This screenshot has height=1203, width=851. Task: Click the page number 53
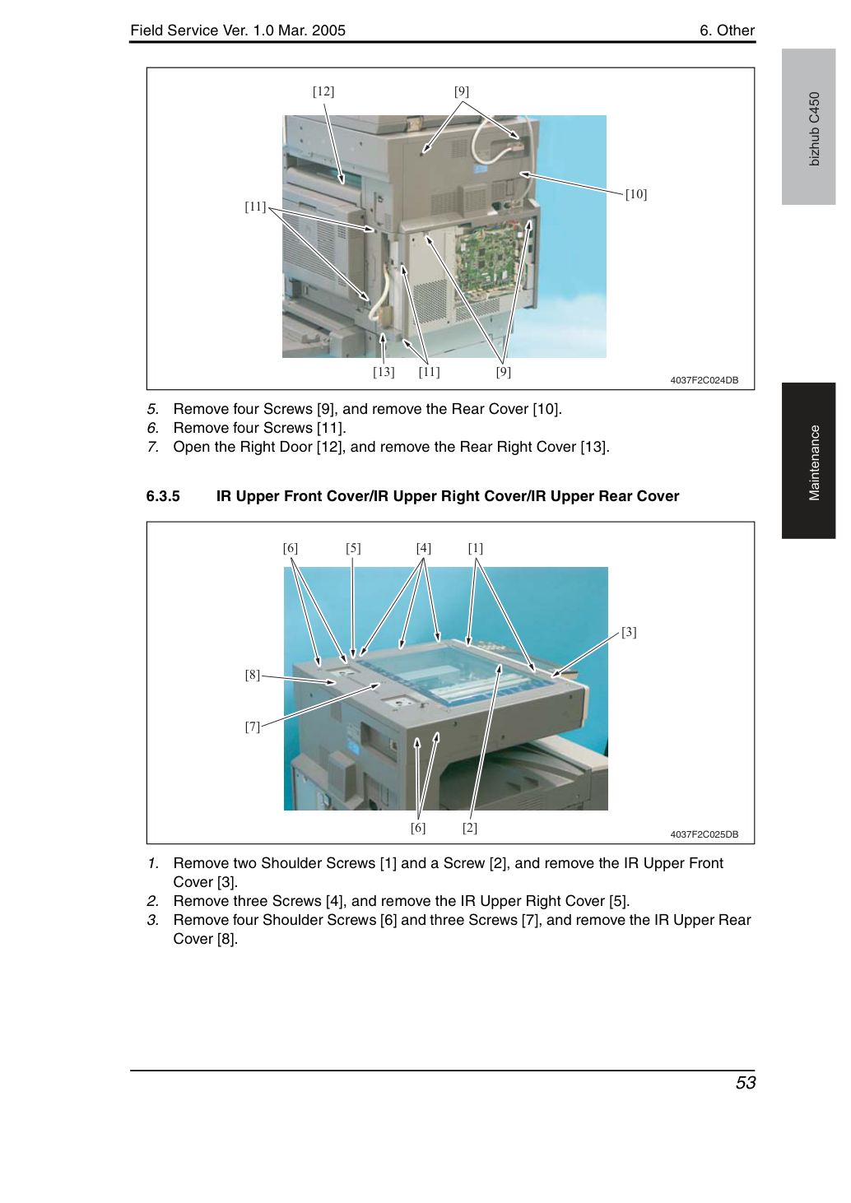pyautogui.click(x=746, y=1083)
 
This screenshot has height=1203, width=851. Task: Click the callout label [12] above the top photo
pyautogui.click(x=323, y=91)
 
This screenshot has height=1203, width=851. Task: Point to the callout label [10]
pyautogui.click(x=636, y=194)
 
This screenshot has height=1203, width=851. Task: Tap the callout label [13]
pyautogui.click(x=384, y=372)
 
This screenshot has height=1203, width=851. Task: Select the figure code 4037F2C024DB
pyautogui.click(x=705, y=380)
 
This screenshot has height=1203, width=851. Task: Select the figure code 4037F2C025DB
pyautogui.click(x=705, y=834)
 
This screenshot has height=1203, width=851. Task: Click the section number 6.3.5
pyautogui.click(x=163, y=495)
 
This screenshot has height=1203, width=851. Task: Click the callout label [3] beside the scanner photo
pyautogui.click(x=629, y=632)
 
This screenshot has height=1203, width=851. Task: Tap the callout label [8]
pyautogui.click(x=253, y=675)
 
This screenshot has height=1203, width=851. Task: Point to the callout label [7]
pyautogui.click(x=253, y=727)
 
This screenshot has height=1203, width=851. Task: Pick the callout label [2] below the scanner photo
pyautogui.click(x=470, y=828)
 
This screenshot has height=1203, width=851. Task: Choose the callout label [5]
pyautogui.click(x=353, y=548)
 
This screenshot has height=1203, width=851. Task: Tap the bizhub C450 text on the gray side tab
pyautogui.click(x=815, y=129)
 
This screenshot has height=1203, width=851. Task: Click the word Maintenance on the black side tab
pyautogui.click(x=815, y=463)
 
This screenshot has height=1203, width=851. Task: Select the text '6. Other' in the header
pyautogui.click(x=727, y=30)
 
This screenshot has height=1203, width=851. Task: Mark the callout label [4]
pyautogui.click(x=423, y=548)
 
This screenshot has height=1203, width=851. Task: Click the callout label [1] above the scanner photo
pyautogui.click(x=476, y=548)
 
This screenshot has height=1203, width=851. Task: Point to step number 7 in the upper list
pyautogui.click(x=152, y=447)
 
